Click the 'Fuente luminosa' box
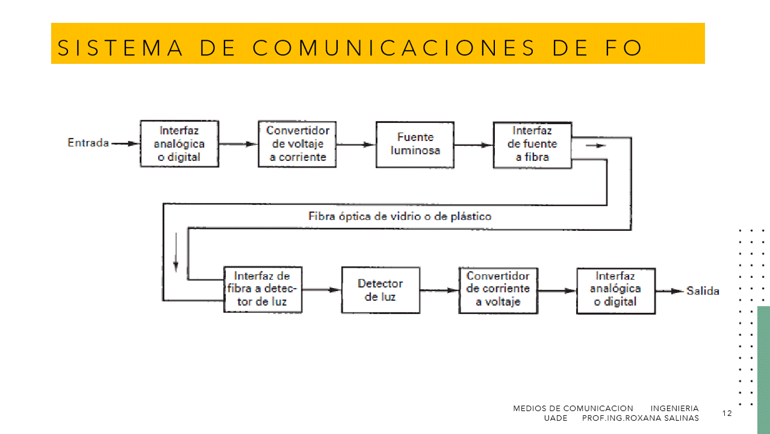pos(415,144)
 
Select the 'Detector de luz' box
pos(380,290)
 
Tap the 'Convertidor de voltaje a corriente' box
pos(297,144)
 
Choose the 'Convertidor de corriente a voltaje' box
pos(498,289)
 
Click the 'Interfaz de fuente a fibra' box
pos(532,144)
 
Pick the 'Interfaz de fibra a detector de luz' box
pos(262,289)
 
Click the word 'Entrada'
pos(88,143)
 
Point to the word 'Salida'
pos(703,291)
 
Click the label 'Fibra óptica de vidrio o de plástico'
pos(400,216)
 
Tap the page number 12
pos(727,413)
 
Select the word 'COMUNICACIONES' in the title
pos(394,48)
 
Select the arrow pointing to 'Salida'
pos(669,291)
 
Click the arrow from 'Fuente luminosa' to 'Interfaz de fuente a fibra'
pos(474,145)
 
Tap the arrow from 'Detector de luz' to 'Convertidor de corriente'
pos(439,290)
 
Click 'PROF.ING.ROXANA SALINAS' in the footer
pos(641,418)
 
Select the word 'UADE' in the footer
pos(555,418)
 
